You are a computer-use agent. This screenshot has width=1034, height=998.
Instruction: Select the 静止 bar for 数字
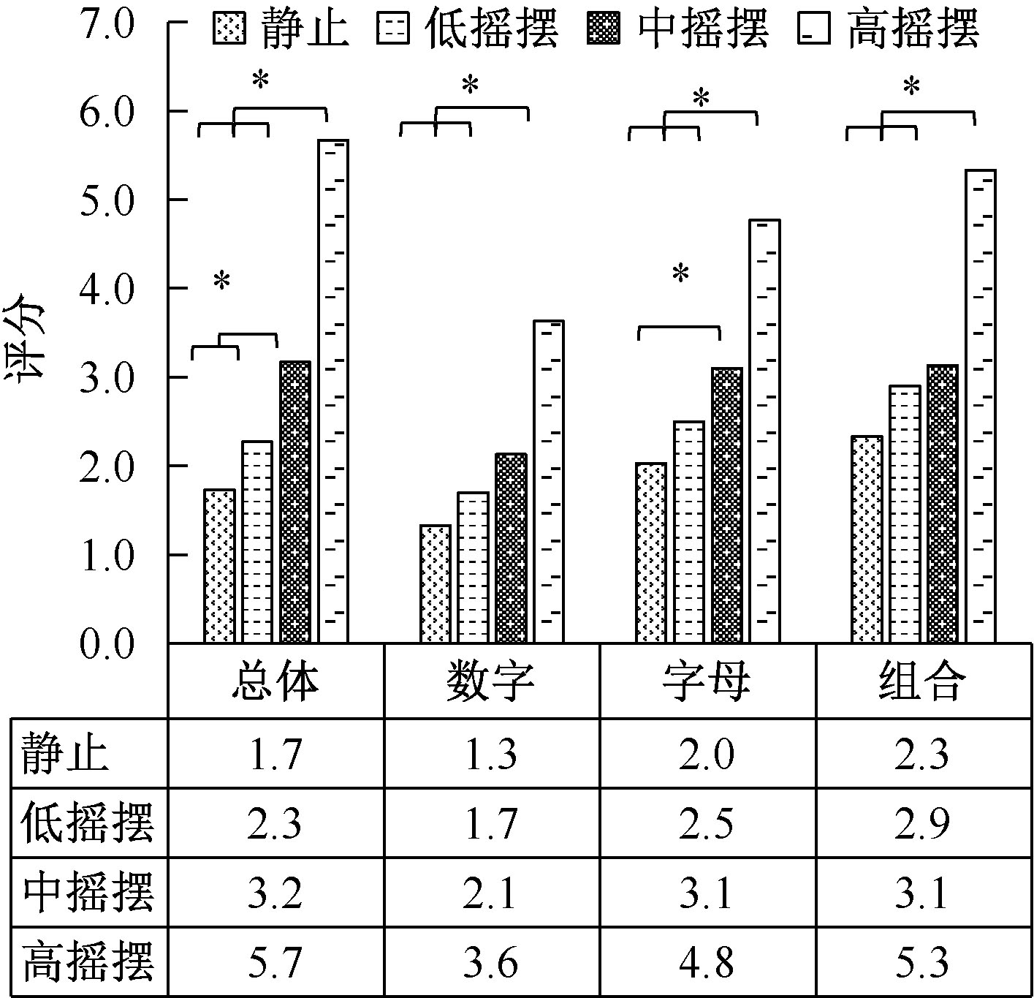[436, 584]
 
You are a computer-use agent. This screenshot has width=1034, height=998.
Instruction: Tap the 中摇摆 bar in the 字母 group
[727, 505]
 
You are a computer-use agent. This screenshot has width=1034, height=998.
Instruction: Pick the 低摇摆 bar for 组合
[905, 514]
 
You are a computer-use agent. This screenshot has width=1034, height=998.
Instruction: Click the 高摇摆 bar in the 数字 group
[549, 482]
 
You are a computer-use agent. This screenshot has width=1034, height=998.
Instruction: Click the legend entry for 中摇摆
[677, 31]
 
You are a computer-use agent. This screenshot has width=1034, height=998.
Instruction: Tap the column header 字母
[707, 681]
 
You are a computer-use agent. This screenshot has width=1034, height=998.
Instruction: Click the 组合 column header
[924, 681]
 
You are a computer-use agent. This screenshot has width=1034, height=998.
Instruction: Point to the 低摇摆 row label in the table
[88, 823]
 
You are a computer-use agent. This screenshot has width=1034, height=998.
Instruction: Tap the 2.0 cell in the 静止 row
[707, 755]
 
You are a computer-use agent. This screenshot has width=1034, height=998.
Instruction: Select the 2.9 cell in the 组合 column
[924, 823]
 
